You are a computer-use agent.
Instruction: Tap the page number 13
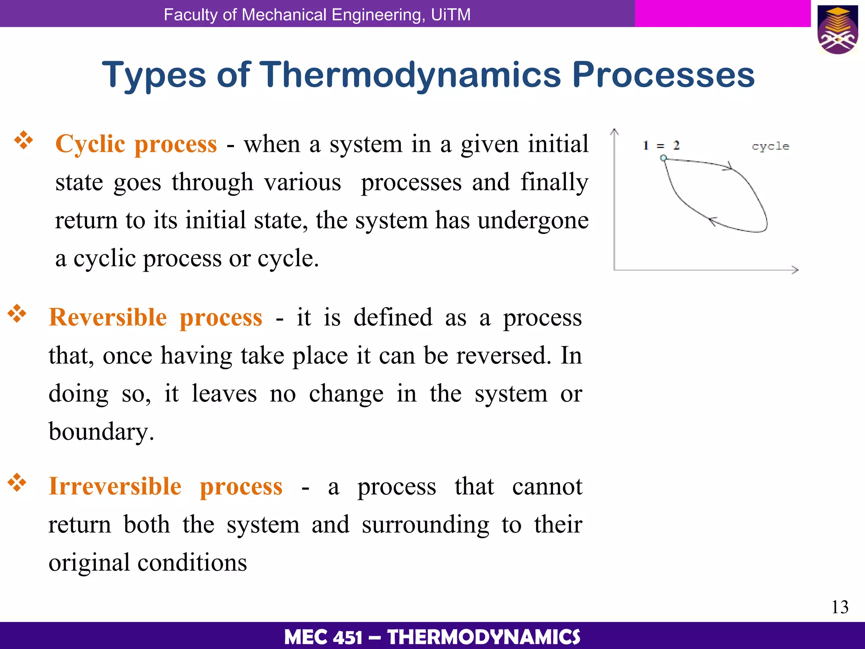pyautogui.click(x=840, y=607)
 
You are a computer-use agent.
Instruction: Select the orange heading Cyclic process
pyautogui.click(x=136, y=144)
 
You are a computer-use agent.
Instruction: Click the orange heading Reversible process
pyautogui.click(x=155, y=317)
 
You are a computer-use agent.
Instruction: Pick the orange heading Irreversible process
pyautogui.click(x=165, y=486)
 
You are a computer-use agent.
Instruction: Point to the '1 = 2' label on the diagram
pyautogui.click(x=661, y=146)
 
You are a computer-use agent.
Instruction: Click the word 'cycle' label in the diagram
pyautogui.click(x=770, y=146)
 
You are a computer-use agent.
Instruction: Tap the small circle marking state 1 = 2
pyautogui.click(x=664, y=158)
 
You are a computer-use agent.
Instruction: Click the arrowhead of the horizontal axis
pyautogui.click(x=795, y=270)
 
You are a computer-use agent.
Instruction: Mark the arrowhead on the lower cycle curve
pyautogui.click(x=712, y=221)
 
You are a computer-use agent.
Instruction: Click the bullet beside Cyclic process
pyautogui.click(x=24, y=140)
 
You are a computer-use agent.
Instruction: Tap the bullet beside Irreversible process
pyautogui.click(x=17, y=483)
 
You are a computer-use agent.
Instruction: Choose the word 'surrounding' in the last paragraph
pyautogui.click(x=425, y=525)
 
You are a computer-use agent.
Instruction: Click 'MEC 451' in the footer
pyautogui.click(x=323, y=637)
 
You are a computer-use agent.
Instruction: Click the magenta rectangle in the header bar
pyautogui.click(x=722, y=14)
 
